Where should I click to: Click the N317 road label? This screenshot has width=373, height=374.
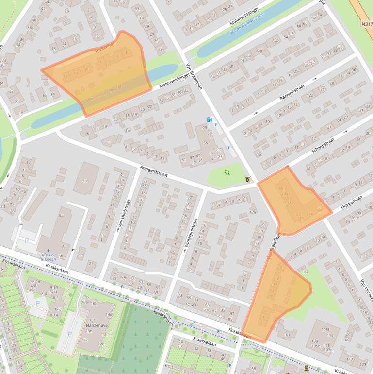366,23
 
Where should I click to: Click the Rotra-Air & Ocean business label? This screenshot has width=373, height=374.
48,256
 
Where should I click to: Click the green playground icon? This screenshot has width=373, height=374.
227,172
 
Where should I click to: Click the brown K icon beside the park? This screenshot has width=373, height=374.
249,180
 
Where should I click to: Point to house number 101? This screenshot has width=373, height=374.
287,335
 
